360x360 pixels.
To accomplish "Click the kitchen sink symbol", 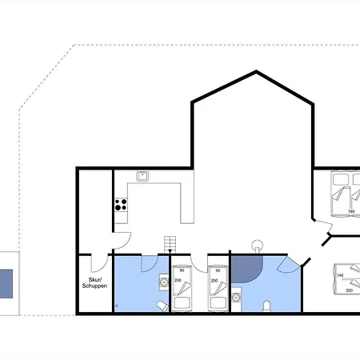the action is point(142,176).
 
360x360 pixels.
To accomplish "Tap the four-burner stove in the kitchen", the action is point(121,205).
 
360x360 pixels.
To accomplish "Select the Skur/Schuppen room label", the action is point(94,282).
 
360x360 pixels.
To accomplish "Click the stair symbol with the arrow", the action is point(170,245).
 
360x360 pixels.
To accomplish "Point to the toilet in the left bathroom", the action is point(163,306).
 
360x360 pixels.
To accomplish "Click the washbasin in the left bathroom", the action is point(164,282).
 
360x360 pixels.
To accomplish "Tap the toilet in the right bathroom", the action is point(267,306).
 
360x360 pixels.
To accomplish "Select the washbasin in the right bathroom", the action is point(236,297).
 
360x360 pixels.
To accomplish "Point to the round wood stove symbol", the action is point(257,246).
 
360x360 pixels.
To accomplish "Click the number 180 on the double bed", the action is point(351,211).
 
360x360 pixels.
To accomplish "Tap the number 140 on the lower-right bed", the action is point(340,275).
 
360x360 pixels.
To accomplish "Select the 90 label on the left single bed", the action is point(182,270).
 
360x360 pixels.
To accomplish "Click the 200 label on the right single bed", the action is point(214,281).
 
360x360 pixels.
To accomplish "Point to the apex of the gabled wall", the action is point(256,71).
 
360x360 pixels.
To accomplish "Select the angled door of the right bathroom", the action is point(288,265).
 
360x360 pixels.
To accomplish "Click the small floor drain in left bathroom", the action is point(116,306).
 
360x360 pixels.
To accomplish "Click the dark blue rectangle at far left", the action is point(6,284).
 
